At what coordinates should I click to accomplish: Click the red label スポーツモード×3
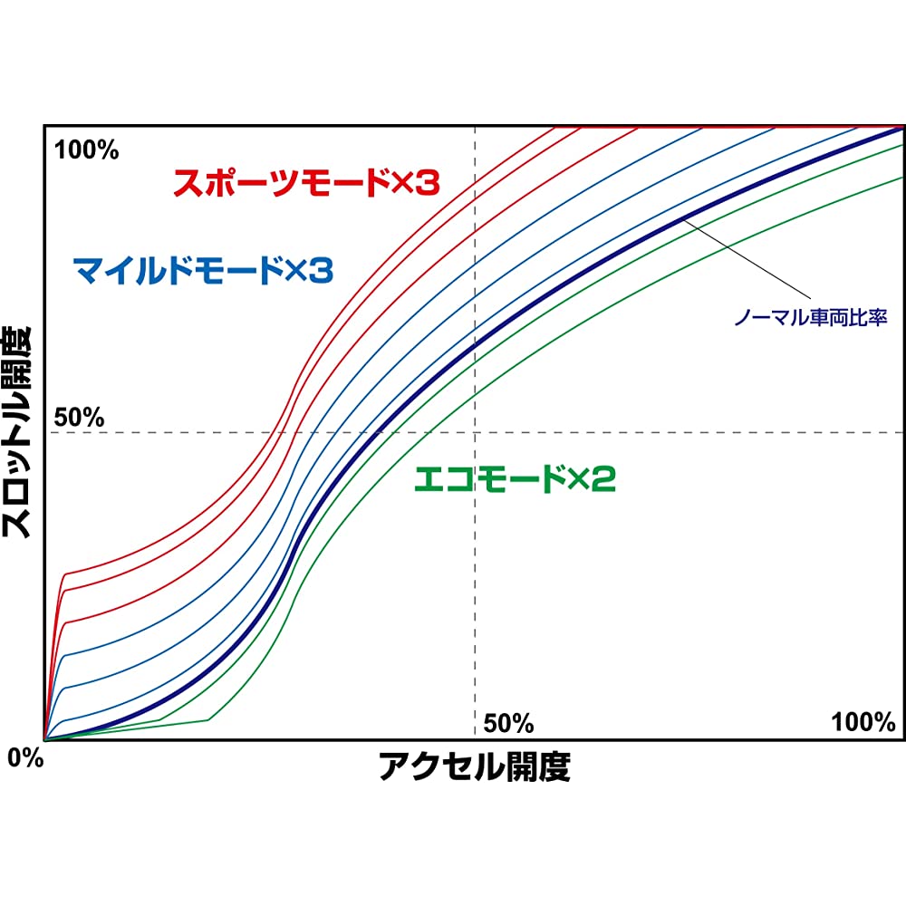point(305,183)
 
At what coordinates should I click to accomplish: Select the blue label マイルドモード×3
point(203,269)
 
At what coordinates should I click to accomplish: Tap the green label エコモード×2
point(514,479)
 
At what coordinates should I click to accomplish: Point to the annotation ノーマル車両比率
point(810,318)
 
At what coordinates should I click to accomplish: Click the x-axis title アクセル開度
point(475,768)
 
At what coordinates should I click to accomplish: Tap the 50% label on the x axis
point(508,723)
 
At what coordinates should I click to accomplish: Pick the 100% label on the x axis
point(863,722)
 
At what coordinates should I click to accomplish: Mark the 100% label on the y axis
point(87,149)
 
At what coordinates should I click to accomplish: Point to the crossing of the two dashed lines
point(475,432)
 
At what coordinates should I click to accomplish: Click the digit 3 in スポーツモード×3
point(429,183)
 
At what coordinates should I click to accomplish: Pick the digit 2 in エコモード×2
point(605,479)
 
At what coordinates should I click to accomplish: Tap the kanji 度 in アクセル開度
point(554,768)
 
